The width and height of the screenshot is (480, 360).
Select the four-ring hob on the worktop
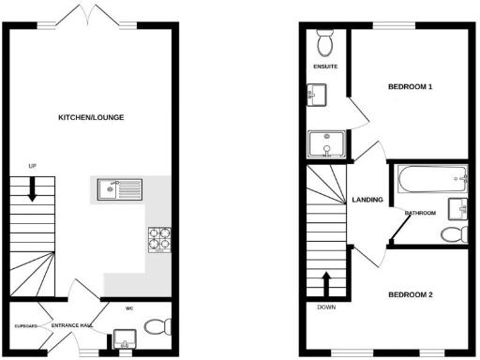[158, 240]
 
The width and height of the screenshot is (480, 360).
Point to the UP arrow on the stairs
[33, 189]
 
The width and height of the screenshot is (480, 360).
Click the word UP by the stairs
[32, 167]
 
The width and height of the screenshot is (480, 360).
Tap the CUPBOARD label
[24, 325]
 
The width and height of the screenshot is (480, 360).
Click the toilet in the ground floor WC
[157, 326]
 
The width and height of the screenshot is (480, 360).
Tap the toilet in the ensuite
[326, 42]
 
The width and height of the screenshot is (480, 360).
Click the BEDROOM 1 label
[410, 87]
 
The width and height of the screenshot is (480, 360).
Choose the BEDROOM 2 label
[411, 295]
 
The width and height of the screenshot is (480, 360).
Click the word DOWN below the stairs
[326, 307]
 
